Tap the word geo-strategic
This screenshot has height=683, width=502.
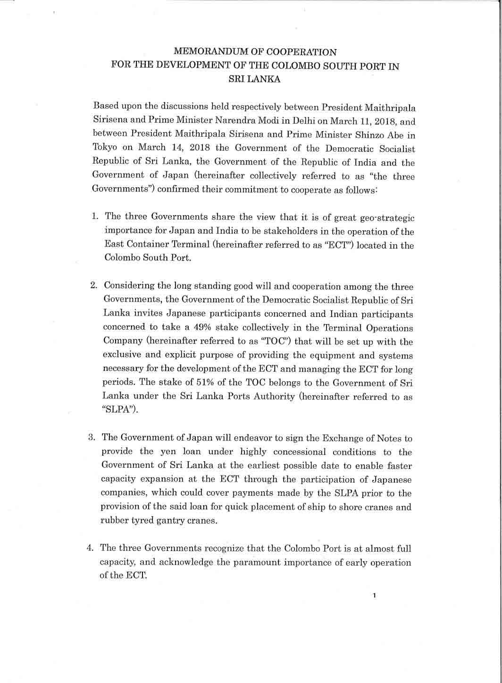[x=387, y=217]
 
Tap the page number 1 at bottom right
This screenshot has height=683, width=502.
[x=374, y=595]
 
